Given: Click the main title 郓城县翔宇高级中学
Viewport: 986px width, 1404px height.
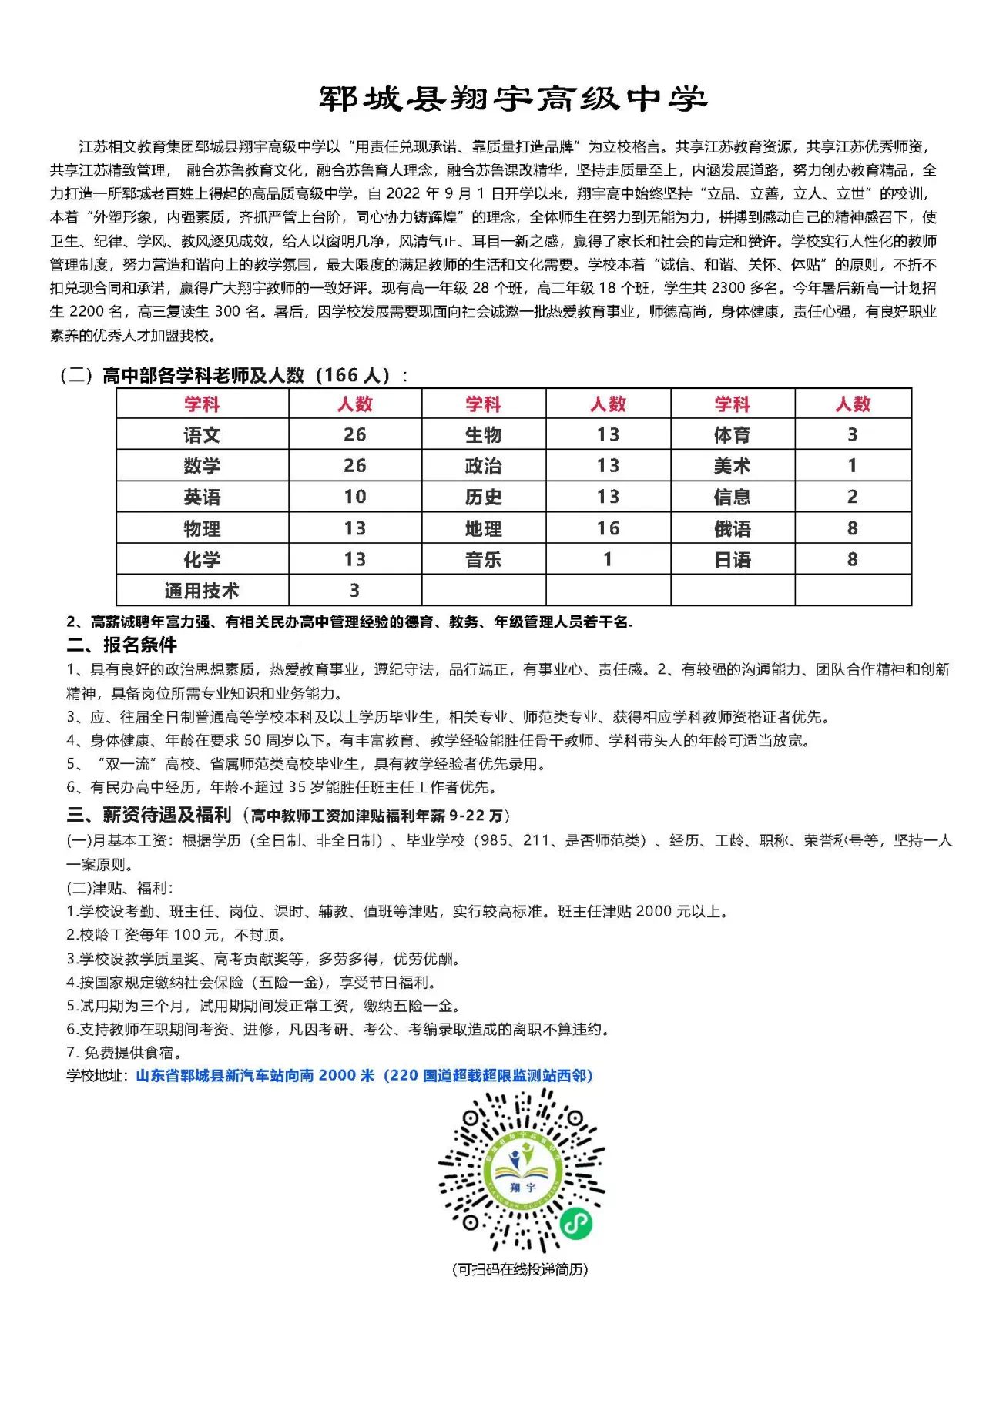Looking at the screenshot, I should click(x=513, y=99).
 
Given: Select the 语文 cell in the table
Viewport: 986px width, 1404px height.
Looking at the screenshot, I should click(x=202, y=435).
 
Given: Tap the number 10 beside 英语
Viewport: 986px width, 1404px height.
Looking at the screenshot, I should click(x=354, y=497).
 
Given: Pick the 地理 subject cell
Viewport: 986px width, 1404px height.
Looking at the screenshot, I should click(x=483, y=528).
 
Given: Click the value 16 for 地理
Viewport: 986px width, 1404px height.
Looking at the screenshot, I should click(x=608, y=528).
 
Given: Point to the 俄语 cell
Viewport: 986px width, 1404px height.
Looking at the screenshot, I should click(x=732, y=528).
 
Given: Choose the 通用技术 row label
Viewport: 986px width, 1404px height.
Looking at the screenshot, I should click(x=202, y=591).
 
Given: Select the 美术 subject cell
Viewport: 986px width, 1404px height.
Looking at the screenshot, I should click(x=732, y=466).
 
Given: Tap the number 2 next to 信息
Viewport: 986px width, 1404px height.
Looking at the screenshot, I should click(x=852, y=497).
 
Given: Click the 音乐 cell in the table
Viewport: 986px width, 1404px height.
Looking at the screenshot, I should click(x=483, y=560).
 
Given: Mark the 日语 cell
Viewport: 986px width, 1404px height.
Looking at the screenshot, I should click(x=732, y=560).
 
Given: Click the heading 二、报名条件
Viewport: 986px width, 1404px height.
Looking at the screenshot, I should click(x=122, y=645).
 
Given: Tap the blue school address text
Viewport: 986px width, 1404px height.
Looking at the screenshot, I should click(x=364, y=1075).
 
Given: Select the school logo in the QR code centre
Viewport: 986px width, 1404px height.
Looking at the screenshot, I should click(x=522, y=1171).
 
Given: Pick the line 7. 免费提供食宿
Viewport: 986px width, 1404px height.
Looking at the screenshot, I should click(x=124, y=1052).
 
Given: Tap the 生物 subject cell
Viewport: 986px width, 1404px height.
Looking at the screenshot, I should click(x=483, y=435).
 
